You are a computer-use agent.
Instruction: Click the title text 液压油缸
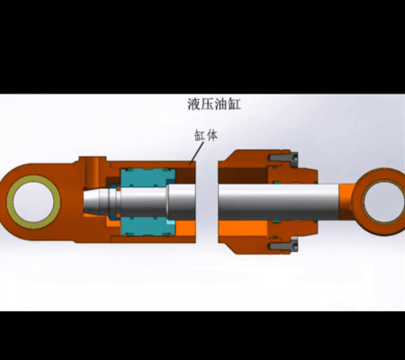pyautogui.click(x=214, y=104)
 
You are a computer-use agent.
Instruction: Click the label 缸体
pyautogui.click(x=206, y=135)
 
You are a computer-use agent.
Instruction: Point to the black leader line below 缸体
pyautogui.click(x=197, y=153)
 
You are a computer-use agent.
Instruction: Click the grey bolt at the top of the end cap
pyautogui.click(x=283, y=157)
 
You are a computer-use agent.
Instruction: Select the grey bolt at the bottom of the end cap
pyautogui.click(x=283, y=247)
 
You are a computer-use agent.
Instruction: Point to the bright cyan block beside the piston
pyautogui.click(x=170, y=222)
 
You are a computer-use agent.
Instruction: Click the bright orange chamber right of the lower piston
pyautogui.click(x=185, y=229)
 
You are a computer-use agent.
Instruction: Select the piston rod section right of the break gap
pyautogui.click(x=278, y=202)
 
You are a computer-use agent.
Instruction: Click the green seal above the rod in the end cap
pyautogui.click(x=276, y=182)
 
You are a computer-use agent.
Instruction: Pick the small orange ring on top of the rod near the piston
pyautogui.click(x=119, y=188)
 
